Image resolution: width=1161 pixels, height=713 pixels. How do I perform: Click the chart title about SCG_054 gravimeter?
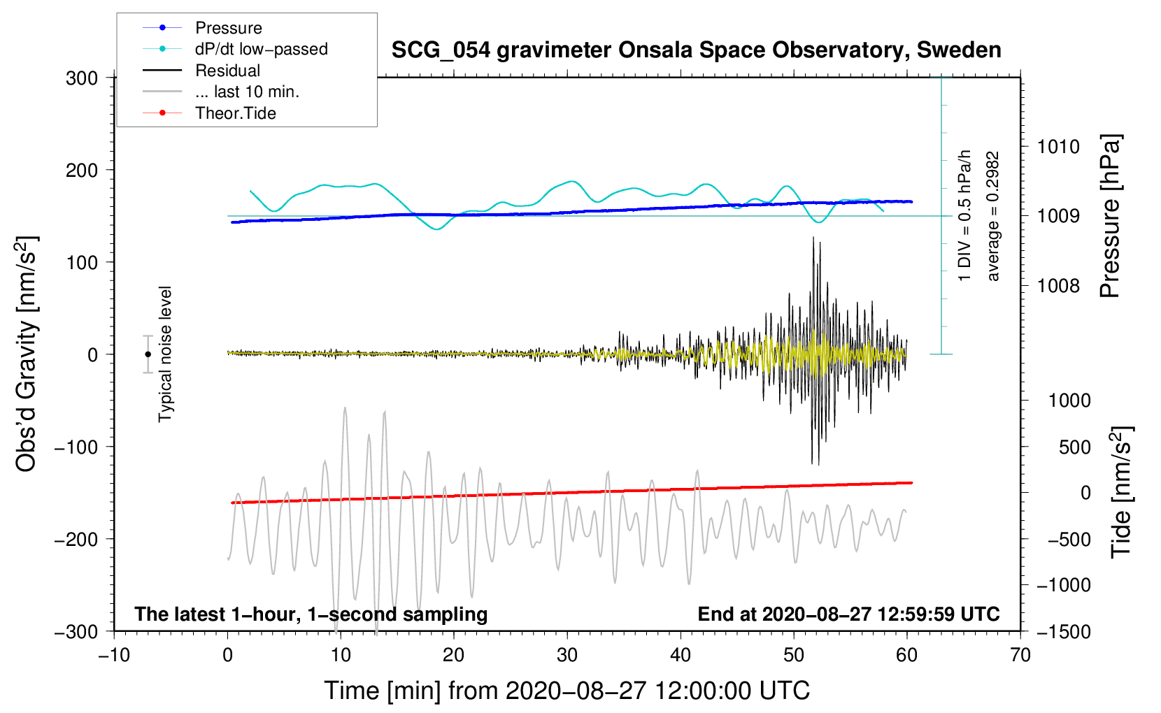(696, 50)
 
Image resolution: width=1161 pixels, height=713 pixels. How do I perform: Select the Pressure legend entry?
(228, 28)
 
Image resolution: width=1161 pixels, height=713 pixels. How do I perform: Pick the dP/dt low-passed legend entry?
(261, 49)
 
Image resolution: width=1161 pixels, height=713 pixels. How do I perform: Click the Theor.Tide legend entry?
(235, 113)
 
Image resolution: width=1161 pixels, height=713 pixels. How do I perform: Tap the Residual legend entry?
(227, 71)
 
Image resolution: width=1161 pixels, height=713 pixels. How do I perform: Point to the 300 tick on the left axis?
(82, 78)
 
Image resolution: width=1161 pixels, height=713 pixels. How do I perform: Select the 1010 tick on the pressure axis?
(1058, 147)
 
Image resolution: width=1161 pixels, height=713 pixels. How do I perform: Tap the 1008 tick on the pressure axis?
(1058, 285)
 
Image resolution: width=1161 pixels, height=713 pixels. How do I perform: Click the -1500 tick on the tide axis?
(1063, 632)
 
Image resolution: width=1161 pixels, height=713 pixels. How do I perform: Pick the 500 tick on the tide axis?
(1074, 447)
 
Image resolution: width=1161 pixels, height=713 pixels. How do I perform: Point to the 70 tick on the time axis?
(1020, 656)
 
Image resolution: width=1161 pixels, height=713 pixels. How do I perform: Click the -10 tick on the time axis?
(114, 656)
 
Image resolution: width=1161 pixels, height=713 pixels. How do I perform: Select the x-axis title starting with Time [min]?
(567, 691)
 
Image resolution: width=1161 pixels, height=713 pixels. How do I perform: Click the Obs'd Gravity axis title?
(27, 354)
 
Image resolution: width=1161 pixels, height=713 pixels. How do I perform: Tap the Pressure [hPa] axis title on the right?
(1111, 216)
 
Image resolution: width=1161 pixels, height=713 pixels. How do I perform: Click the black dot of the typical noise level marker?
(148, 354)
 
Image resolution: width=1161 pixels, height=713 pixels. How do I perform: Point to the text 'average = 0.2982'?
(993, 216)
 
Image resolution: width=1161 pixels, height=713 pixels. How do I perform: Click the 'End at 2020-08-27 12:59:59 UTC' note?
(848, 614)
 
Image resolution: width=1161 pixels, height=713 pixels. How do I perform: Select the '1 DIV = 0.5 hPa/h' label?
(965, 216)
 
